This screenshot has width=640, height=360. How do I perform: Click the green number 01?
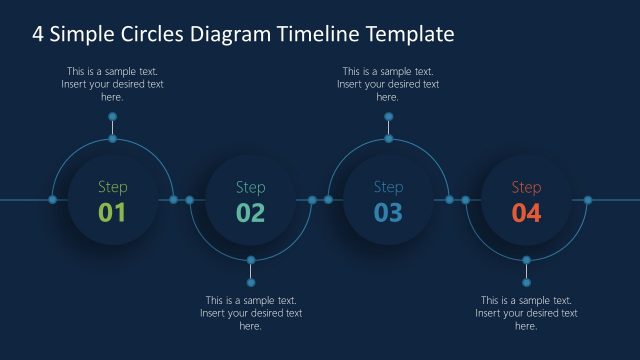[112, 212]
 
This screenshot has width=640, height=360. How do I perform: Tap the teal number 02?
[250, 212]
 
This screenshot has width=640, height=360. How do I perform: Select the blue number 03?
[388, 212]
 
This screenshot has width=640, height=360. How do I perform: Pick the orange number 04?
[526, 212]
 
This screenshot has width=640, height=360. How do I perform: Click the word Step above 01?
[112, 187]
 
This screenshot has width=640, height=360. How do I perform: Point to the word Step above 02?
[250, 187]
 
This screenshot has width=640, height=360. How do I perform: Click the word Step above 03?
[388, 187]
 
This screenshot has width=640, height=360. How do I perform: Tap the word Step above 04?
[526, 187]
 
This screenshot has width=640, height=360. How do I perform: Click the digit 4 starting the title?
[38, 34]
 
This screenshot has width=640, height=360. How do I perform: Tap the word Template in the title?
[410, 34]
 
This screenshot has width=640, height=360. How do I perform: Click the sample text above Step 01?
[112, 84]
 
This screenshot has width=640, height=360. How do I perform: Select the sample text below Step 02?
[250, 313]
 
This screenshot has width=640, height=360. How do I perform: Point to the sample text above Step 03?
[388, 84]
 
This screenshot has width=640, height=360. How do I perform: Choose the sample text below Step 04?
[526, 313]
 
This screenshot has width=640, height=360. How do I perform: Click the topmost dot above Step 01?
[112, 117]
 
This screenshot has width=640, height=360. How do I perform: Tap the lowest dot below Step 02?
[251, 282]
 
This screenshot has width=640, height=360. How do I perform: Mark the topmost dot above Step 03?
[388, 117]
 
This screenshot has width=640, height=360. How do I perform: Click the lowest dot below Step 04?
[527, 282]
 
